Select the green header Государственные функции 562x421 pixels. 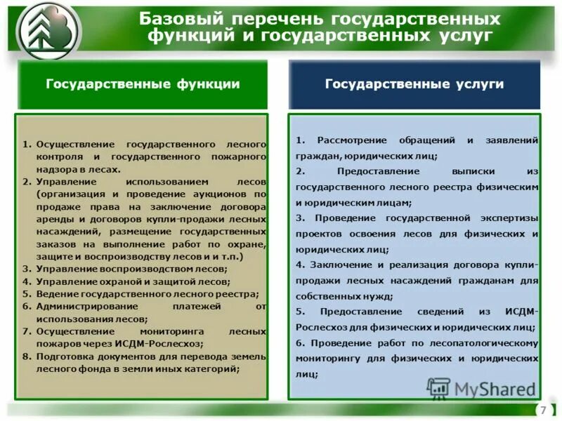click(143, 84)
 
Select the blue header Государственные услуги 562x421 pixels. click(414, 84)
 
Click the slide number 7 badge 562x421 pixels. click(542, 410)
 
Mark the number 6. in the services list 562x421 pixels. click(300, 343)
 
